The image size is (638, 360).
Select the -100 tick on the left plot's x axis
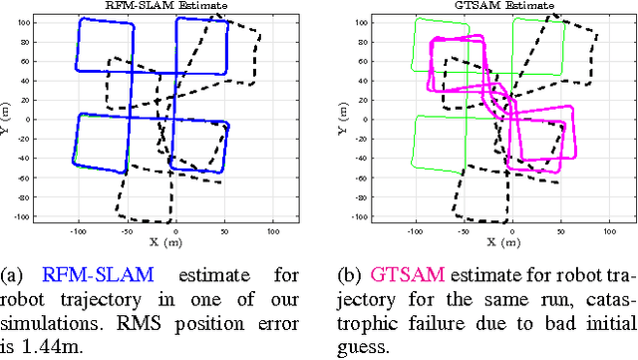click(x=78, y=229)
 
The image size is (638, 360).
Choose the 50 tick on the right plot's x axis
click(x=560, y=229)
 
